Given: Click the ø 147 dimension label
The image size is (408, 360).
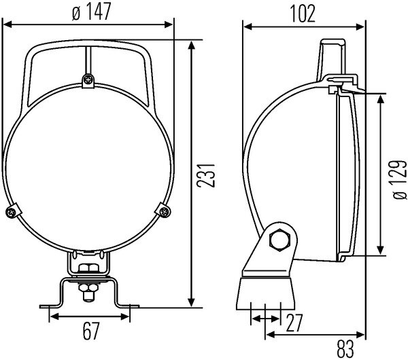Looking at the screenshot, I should pyautogui.click(x=88, y=12).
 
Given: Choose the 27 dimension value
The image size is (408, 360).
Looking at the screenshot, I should pyautogui.click(x=293, y=324).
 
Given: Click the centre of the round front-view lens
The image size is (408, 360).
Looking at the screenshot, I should pyautogui.click(x=88, y=170).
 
